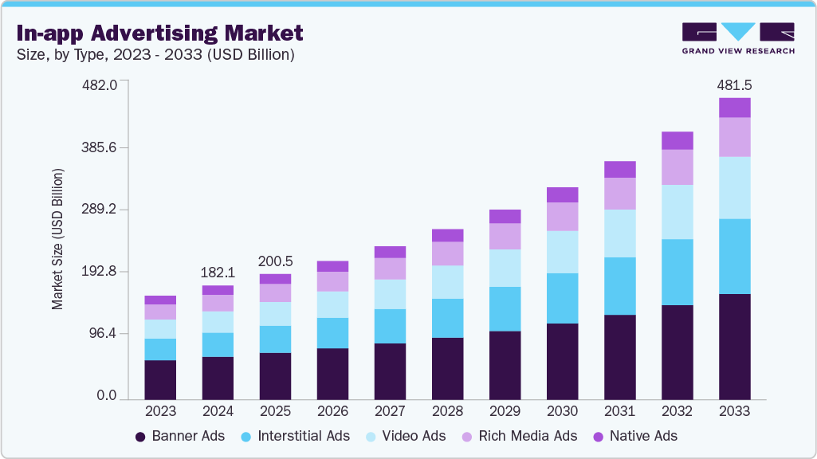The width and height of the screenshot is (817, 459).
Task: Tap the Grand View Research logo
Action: click(737, 38)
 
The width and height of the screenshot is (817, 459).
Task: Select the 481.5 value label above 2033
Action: click(734, 84)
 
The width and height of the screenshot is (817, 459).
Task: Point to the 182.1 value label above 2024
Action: click(218, 273)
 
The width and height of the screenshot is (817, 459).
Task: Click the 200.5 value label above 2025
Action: click(275, 261)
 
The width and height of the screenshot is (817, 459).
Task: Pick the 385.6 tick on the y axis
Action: click(100, 147)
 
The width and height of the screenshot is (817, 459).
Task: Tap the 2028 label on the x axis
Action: click(447, 412)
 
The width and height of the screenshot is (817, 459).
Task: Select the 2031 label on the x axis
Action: click(619, 412)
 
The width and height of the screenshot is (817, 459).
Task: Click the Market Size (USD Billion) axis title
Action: click(57, 239)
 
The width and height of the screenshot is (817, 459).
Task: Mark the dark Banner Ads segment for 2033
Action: click(734, 346)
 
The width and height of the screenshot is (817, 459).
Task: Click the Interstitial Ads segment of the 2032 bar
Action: click(677, 272)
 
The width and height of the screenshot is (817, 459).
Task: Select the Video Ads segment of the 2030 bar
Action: click(562, 252)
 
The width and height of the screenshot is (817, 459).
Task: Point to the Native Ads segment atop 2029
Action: click(505, 216)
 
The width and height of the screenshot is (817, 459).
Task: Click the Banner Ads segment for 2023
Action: click(160, 379)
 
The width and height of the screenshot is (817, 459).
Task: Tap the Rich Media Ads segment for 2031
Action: click(619, 194)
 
